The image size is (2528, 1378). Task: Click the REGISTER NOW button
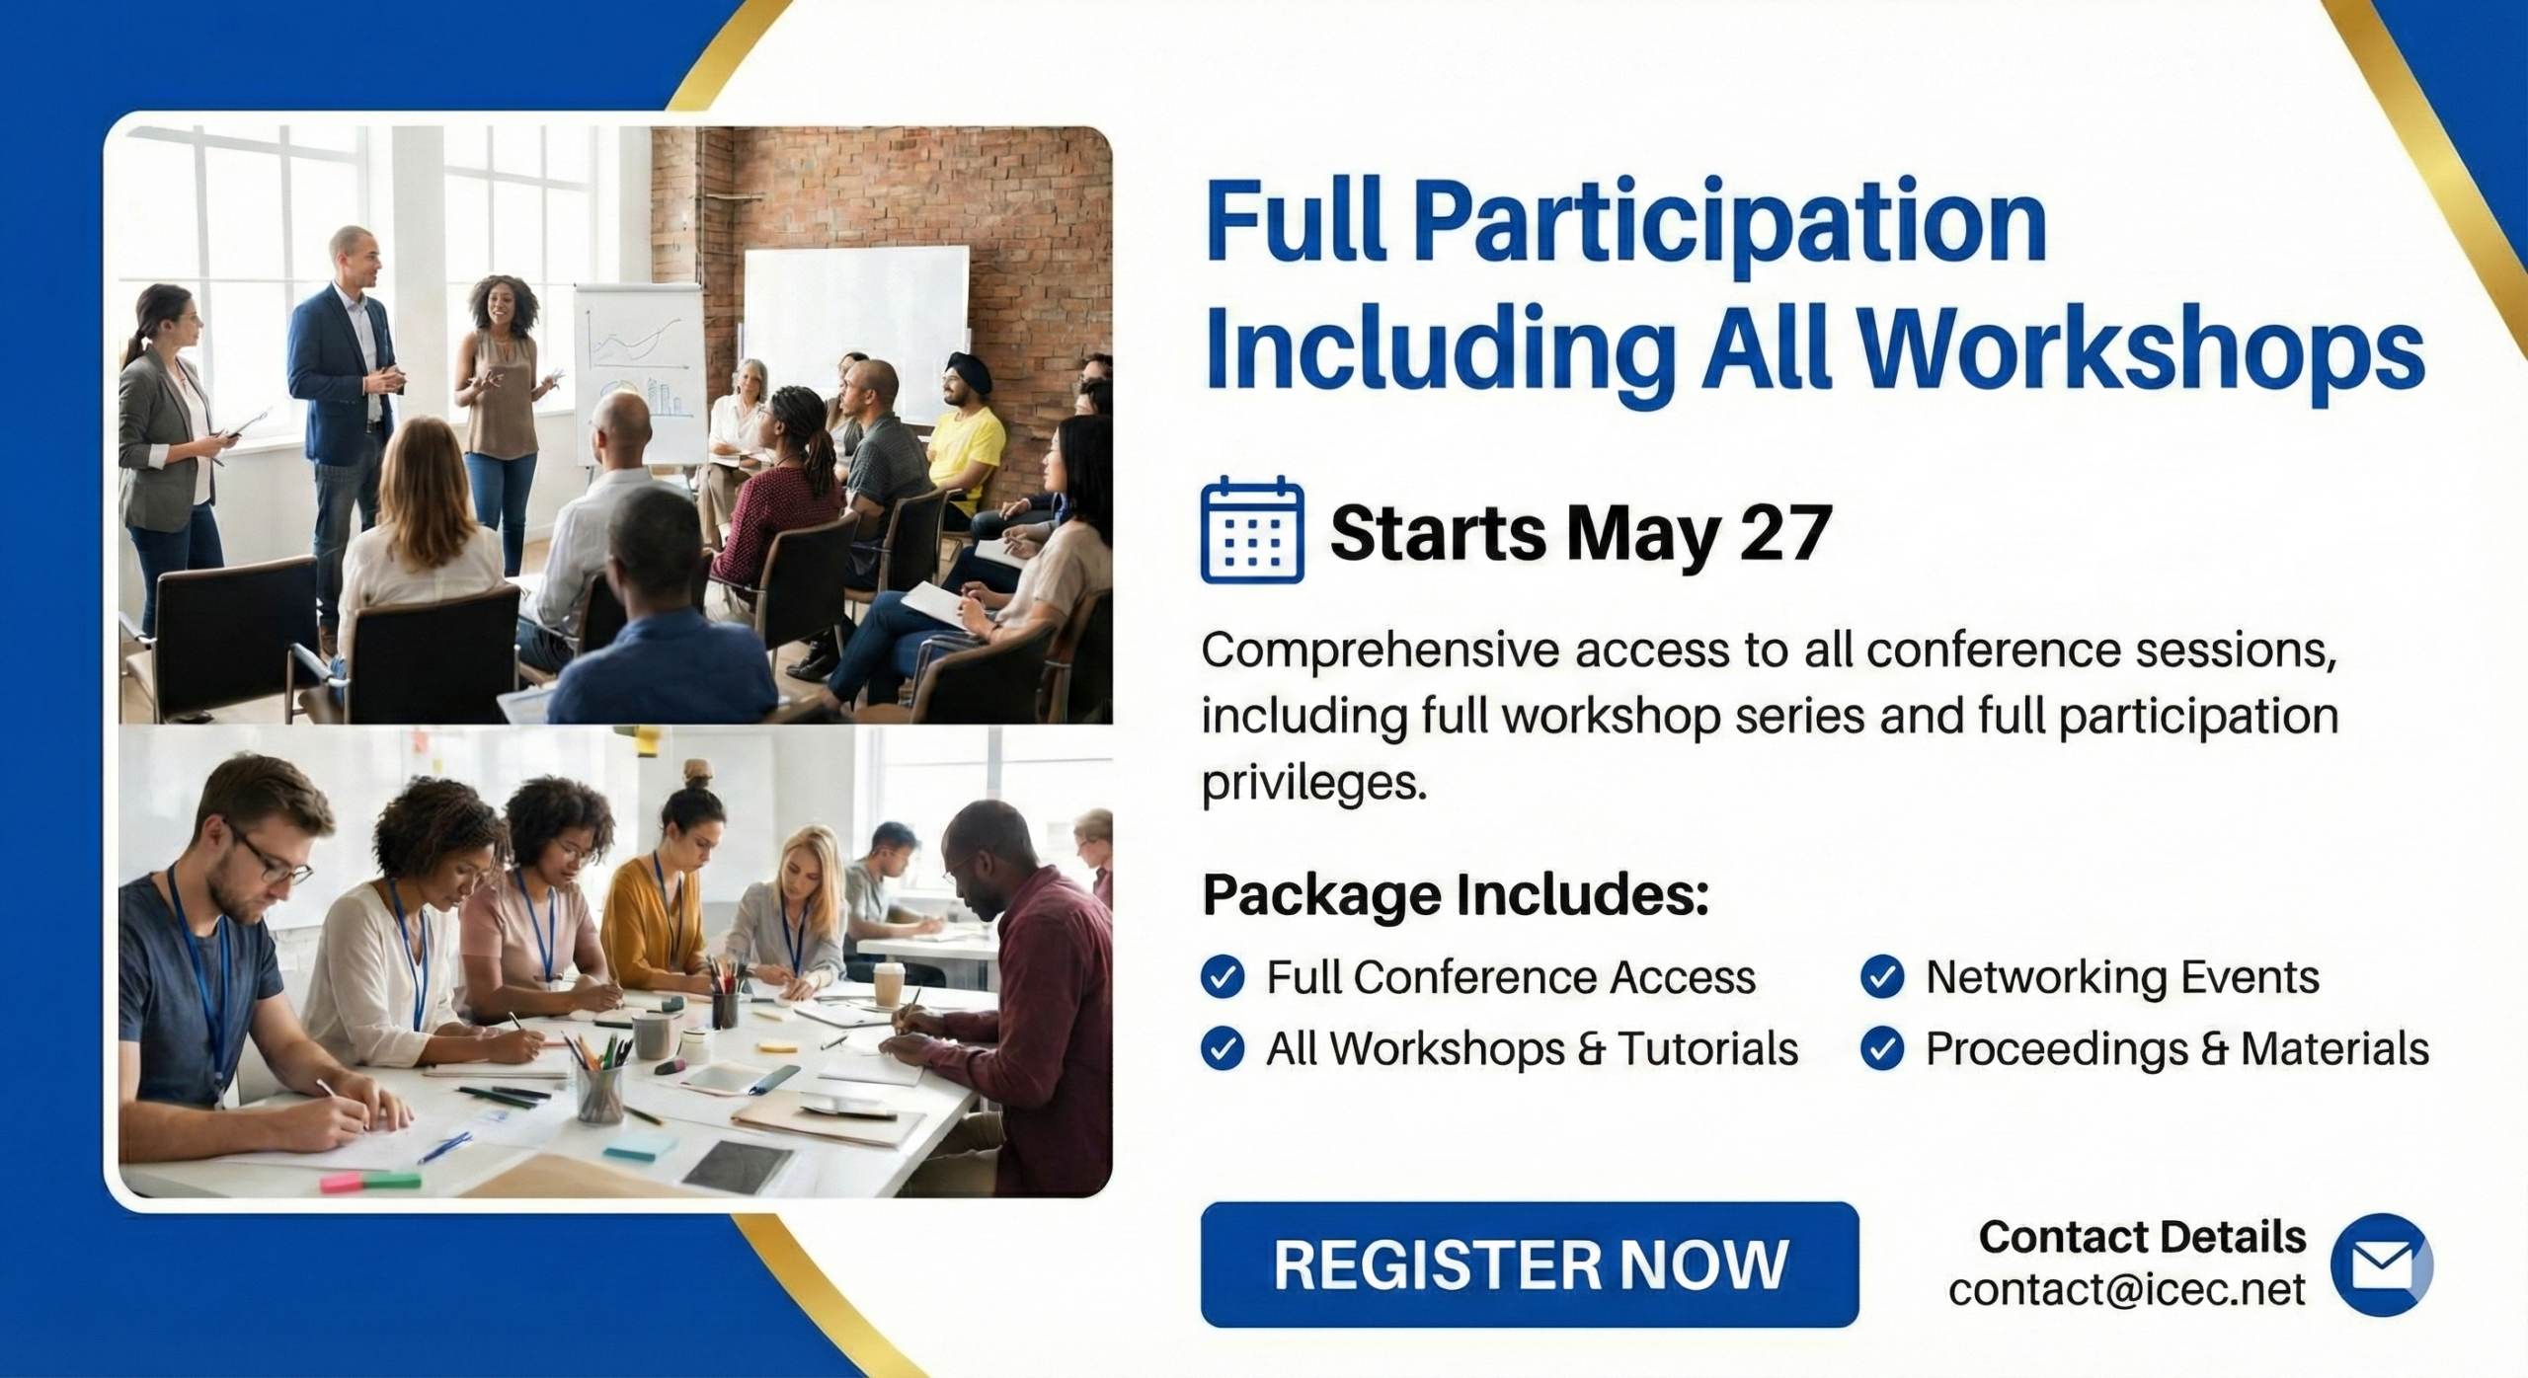[1530, 1263]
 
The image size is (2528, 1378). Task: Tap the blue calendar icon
[1252, 529]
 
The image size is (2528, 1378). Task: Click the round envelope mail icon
[2381, 1264]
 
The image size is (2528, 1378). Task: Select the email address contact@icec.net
[2126, 1289]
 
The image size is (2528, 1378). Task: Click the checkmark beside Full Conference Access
[1223, 977]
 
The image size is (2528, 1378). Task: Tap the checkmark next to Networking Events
[1882, 977]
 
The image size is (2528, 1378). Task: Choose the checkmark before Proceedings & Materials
[1882, 1048]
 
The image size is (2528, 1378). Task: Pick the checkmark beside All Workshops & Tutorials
[1223, 1048]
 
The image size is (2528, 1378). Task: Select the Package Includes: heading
[1456, 895]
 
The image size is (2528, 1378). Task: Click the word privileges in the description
[1314, 784]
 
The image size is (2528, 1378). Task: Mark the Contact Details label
[2142, 1237]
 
